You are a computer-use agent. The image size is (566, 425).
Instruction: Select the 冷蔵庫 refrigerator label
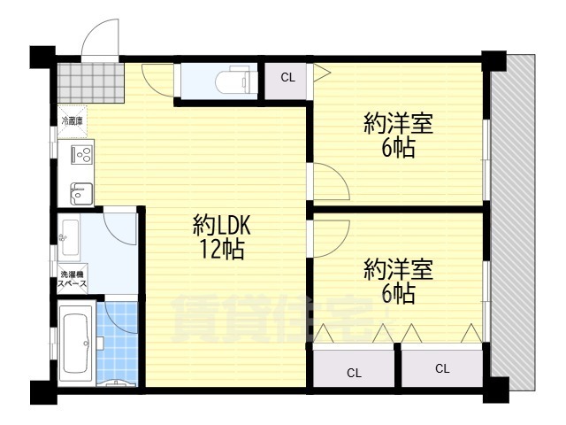[x=73, y=120]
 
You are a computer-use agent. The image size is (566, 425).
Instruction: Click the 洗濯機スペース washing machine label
[x=73, y=280]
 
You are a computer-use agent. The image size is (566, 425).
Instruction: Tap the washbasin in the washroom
[x=70, y=236]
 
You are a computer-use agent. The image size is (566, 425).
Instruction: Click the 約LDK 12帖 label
[x=218, y=236]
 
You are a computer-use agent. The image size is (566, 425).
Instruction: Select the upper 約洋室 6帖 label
[x=398, y=135]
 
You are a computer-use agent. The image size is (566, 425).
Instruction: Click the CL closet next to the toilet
[x=287, y=78]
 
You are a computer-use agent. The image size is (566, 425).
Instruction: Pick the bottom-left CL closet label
[x=353, y=372]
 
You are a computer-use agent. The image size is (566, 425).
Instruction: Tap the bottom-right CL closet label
[x=442, y=369]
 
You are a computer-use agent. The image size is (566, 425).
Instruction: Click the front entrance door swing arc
[x=99, y=40]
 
